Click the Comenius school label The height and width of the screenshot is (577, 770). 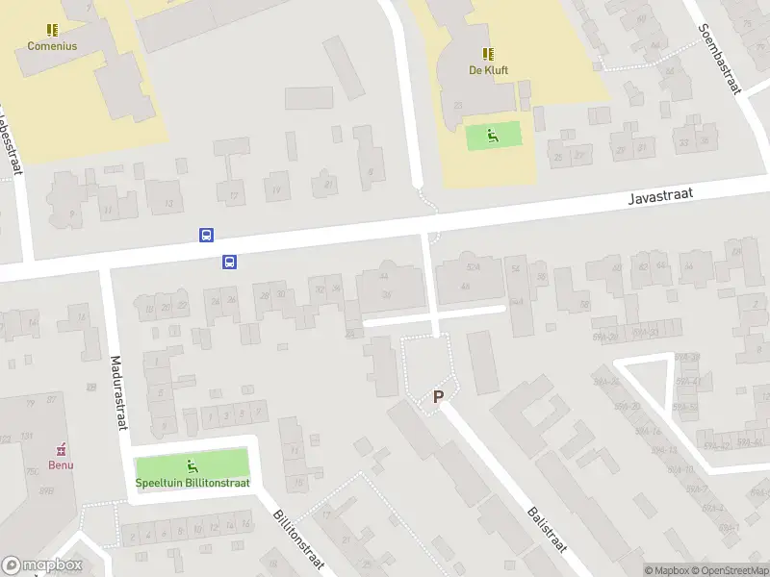click(52, 45)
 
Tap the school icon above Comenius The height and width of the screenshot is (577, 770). click(52, 30)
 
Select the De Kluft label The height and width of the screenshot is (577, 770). click(488, 69)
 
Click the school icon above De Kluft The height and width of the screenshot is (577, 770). click(488, 54)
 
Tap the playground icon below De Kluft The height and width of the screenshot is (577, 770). click(494, 136)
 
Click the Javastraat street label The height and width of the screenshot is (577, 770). click(660, 196)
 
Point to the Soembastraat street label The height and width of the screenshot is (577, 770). click(721, 58)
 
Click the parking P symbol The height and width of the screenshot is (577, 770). click(439, 396)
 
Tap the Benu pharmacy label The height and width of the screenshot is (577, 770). click(62, 465)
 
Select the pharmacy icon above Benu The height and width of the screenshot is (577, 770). click(62, 449)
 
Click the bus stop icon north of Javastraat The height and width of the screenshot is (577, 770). click(206, 235)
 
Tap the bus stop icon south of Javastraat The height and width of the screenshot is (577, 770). click(230, 261)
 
